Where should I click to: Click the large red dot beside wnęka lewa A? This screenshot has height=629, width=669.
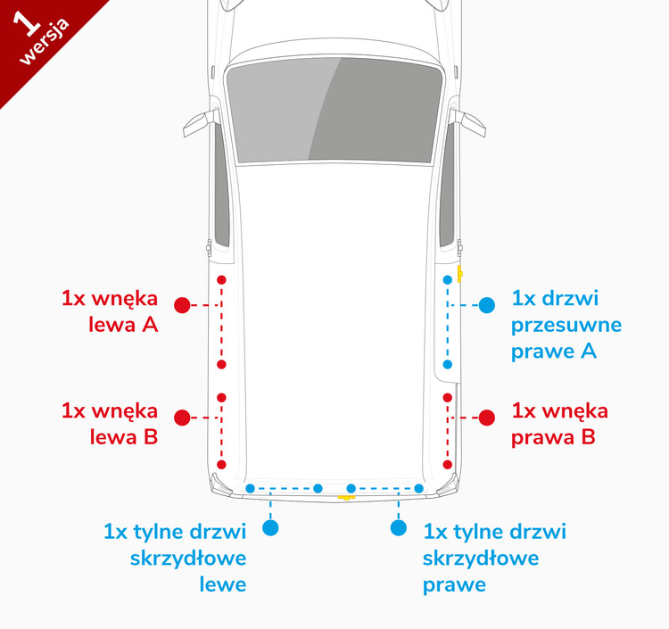(x=182, y=305)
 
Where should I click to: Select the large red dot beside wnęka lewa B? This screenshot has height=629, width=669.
(x=182, y=418)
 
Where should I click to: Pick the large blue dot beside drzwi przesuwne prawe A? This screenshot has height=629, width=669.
(x=486, y=305)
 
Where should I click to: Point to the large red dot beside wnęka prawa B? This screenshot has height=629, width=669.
(x=487, y=418)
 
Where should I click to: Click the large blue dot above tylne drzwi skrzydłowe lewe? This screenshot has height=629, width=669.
(x=271, y=528)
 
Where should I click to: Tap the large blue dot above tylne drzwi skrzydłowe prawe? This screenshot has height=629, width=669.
(x=398, y=528)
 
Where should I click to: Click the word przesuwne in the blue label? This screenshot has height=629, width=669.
(x=566, y=325)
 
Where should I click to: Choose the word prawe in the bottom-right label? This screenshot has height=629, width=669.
(x=454, y=585)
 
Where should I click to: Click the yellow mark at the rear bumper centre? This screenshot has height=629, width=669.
(x=345, y=497)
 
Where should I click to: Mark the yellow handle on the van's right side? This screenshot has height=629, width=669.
(x=459, y=273)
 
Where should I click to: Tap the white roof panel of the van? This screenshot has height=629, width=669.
(x=334, y=312)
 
